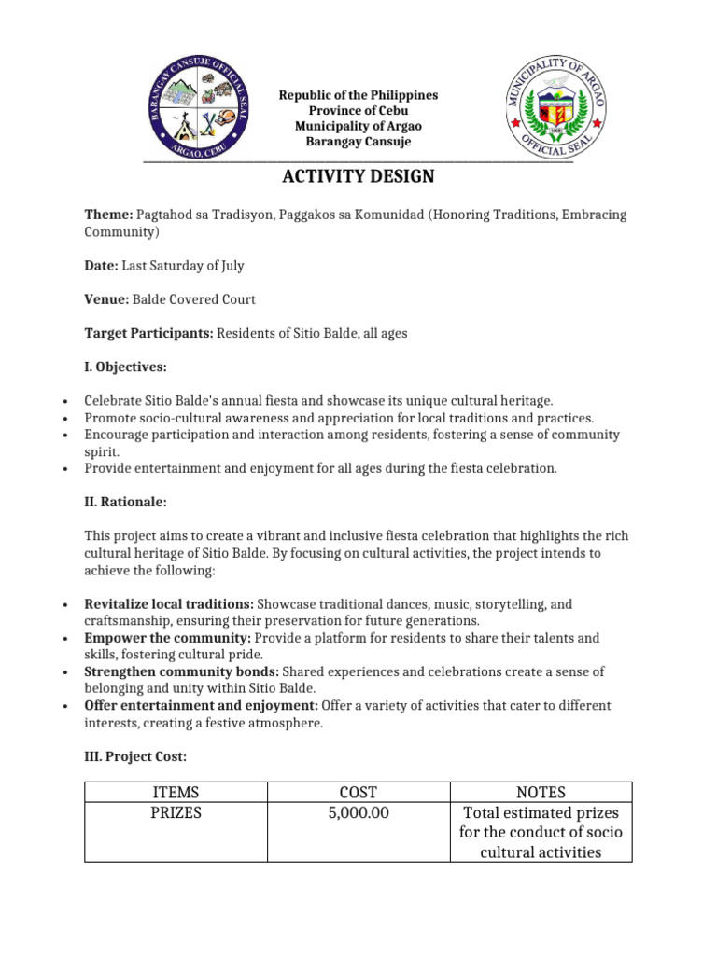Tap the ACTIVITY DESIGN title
(x=358, y=177)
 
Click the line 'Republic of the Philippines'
(x=358, y=96)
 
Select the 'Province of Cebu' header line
(x=358, y=111)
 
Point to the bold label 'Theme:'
(x=109, y=215)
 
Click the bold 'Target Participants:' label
(x=149, y=333)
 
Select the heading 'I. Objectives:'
(x=125, y=367)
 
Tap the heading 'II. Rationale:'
(x=125, y=502)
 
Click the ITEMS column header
(x=176, y=793)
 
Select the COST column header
(x=358, y=793)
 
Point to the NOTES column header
(x=541, y=793)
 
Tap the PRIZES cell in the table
(x=176, y=813)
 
